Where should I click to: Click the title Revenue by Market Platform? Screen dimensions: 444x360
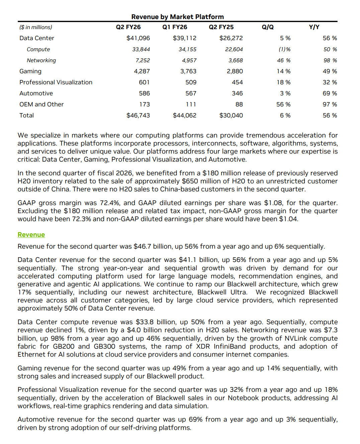tap(177, 17)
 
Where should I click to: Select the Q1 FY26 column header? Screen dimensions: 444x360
tap(175, 27)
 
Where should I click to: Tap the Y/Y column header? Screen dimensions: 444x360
tap(314, 27)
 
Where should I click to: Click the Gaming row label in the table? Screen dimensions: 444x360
tap(30, 71)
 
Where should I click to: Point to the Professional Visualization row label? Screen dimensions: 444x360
tap(56, 82)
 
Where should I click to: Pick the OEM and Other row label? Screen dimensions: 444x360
tap(41, 104)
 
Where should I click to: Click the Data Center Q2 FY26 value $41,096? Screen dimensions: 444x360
tap(138, 38)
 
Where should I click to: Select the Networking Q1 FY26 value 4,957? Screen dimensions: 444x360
tap(189, 61)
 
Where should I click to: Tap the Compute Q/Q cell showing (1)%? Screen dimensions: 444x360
tap(284, 50)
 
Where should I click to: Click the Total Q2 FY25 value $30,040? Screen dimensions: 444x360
tap(231, 115)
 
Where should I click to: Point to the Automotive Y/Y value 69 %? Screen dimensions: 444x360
tap(330, 93)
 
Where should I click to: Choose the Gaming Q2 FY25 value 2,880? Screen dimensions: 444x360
tap(235, 71)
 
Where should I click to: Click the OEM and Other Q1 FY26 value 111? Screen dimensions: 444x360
tap(191, 104)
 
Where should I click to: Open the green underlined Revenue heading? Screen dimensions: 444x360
tap(31, 235)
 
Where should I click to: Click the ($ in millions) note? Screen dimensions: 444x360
tap(36, 27)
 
